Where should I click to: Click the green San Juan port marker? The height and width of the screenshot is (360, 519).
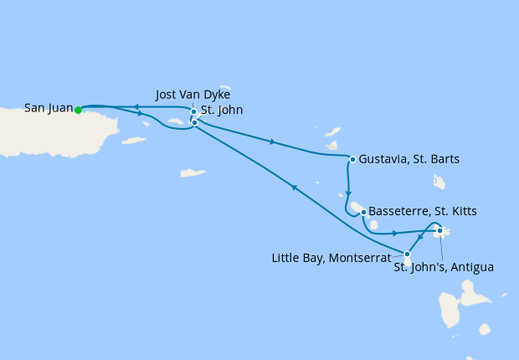(78, 110)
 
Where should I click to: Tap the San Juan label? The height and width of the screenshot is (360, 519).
(49, 108)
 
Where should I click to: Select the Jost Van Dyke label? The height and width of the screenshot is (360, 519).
(193, 94)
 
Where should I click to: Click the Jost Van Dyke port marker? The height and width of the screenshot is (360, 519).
(193, 111)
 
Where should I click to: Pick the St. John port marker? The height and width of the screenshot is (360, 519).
(194, 122)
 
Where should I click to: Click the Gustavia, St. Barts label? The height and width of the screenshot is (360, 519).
(409, 158)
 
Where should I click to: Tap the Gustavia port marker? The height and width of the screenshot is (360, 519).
(352, 159)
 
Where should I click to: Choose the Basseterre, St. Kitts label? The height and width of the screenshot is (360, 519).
(423, 211)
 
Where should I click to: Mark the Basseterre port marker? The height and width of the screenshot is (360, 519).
(363, 212)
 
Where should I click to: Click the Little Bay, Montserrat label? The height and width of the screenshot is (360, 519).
(331, 258)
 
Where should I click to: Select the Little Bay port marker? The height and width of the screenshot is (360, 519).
(408, 254)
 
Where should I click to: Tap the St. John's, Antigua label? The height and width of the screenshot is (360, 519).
(444, 268)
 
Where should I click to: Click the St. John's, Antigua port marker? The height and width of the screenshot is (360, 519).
(439, 230)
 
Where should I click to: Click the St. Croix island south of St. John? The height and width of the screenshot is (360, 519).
(193, 174)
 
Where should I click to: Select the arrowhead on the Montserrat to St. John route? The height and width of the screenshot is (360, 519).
(294, 188)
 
